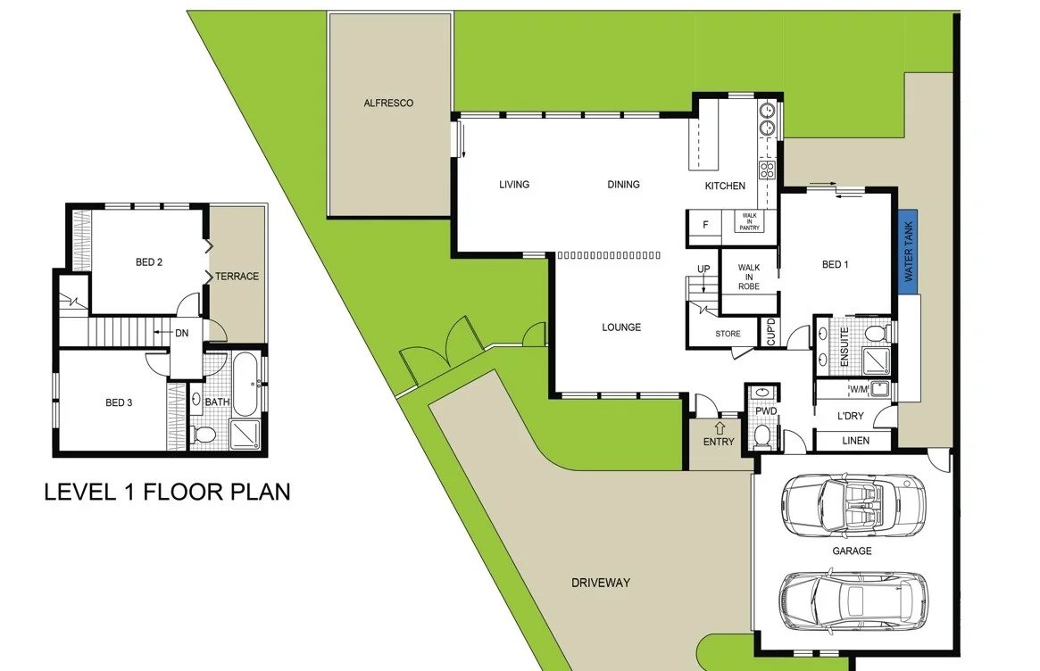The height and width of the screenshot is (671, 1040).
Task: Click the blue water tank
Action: point(908,246)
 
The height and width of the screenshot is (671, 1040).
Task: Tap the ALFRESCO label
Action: point(388,104)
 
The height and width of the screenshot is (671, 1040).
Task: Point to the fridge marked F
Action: point(705,225)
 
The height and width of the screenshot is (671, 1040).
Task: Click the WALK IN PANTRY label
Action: point(749,221)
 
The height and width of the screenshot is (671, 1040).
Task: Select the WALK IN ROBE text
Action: point(748,277)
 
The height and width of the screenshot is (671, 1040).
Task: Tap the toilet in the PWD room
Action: point(762,435)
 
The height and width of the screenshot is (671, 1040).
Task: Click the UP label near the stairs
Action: point(703,269)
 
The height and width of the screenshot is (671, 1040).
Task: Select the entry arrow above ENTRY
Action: point(719,428)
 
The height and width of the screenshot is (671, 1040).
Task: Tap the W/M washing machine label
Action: point(858,389)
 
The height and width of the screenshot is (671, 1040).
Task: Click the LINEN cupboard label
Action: point(855,441)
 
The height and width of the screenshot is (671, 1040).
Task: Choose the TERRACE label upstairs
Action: point(237,277)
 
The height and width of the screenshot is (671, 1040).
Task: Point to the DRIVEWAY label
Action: point(600,583)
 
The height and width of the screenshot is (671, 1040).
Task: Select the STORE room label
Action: point(728,335)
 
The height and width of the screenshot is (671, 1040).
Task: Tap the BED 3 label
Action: point(119,402)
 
